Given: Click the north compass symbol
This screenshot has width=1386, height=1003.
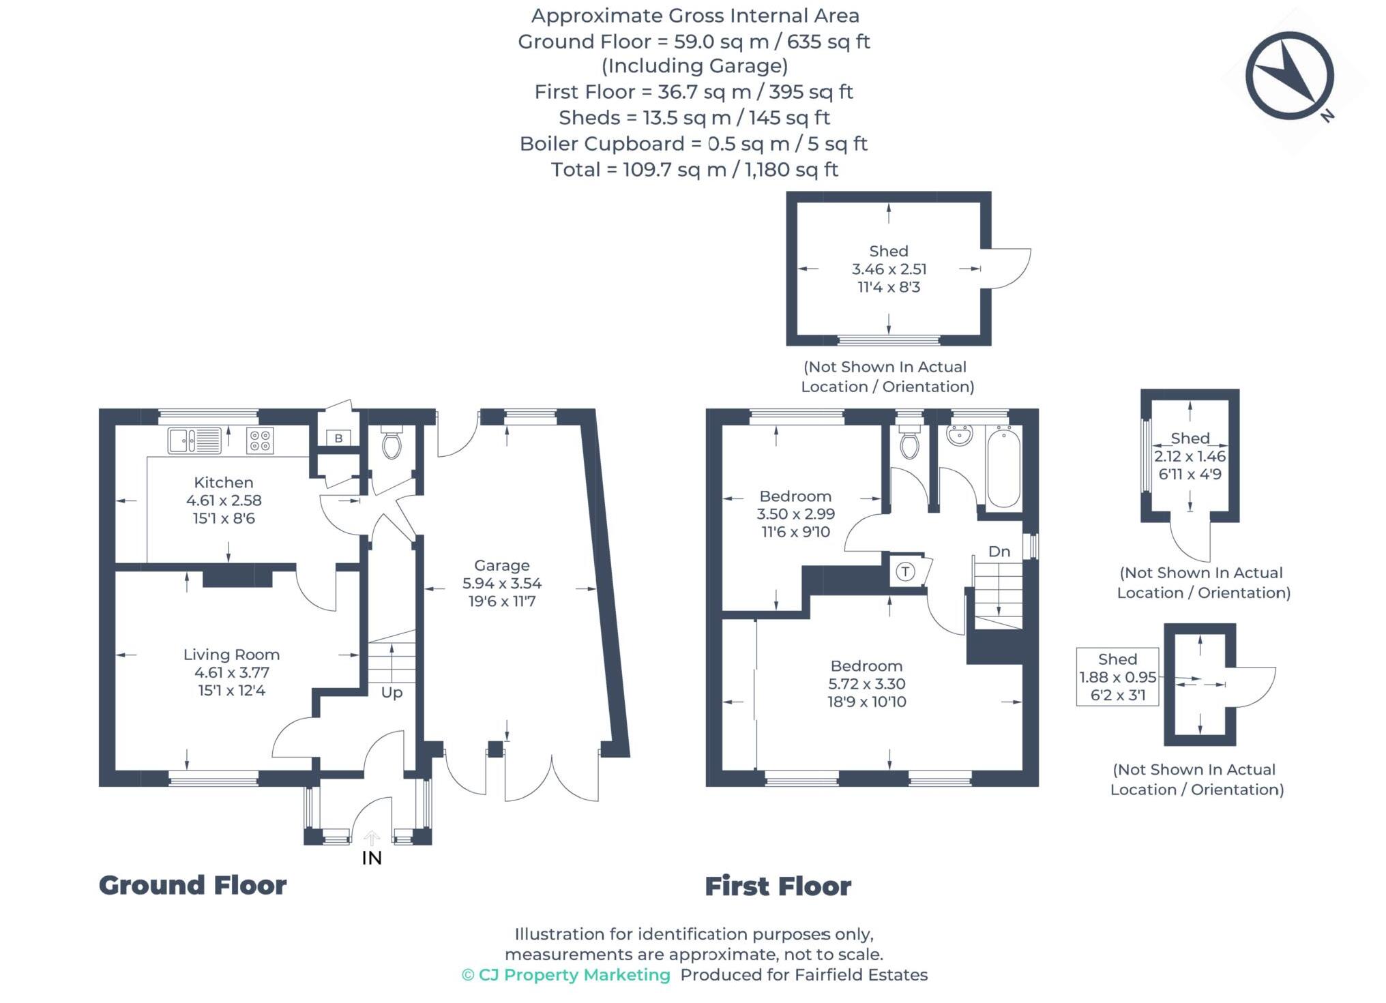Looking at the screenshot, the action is click(x=1289, y=76).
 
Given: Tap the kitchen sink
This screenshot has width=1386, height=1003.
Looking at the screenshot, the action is click(x=195, y=440).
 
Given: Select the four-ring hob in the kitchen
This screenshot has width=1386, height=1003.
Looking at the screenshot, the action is click(x=260, y=440).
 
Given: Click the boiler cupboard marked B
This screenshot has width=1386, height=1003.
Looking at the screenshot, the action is click(x=338, y=438).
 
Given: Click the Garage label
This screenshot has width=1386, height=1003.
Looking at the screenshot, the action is click(x=502, y=565).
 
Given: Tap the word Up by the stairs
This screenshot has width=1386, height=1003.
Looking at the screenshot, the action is click(x=392, y=692).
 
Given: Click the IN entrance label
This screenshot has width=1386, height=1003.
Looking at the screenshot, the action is click(x=372, y=858).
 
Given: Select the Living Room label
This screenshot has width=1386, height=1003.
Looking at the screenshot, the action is click(x=231, y=655).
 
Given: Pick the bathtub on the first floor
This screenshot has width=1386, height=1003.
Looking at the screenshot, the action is click(x=1003, y=467).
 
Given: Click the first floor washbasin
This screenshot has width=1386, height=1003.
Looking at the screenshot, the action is click(x=960, y=434).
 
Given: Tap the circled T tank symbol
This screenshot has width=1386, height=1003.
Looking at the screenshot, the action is click(x=905, y=571).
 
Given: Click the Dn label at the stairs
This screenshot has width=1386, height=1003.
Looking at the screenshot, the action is click(x=999, y=551).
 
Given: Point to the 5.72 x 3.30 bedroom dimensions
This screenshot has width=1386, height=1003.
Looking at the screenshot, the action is click(x=867, y=684).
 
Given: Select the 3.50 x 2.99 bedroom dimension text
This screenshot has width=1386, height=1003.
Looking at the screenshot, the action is click(x=795, y=514).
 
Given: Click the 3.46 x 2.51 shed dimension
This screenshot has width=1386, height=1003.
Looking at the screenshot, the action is click(x=889, y=269).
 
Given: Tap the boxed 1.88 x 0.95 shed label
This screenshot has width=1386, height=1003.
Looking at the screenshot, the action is click(x=1117, y=677).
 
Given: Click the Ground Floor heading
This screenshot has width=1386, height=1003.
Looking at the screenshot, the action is click(x=193, y=885).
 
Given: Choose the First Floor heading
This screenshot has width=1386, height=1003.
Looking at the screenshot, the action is click(x=778, y=886).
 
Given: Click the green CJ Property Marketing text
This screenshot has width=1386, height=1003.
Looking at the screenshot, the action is click(x=566, y=975).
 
